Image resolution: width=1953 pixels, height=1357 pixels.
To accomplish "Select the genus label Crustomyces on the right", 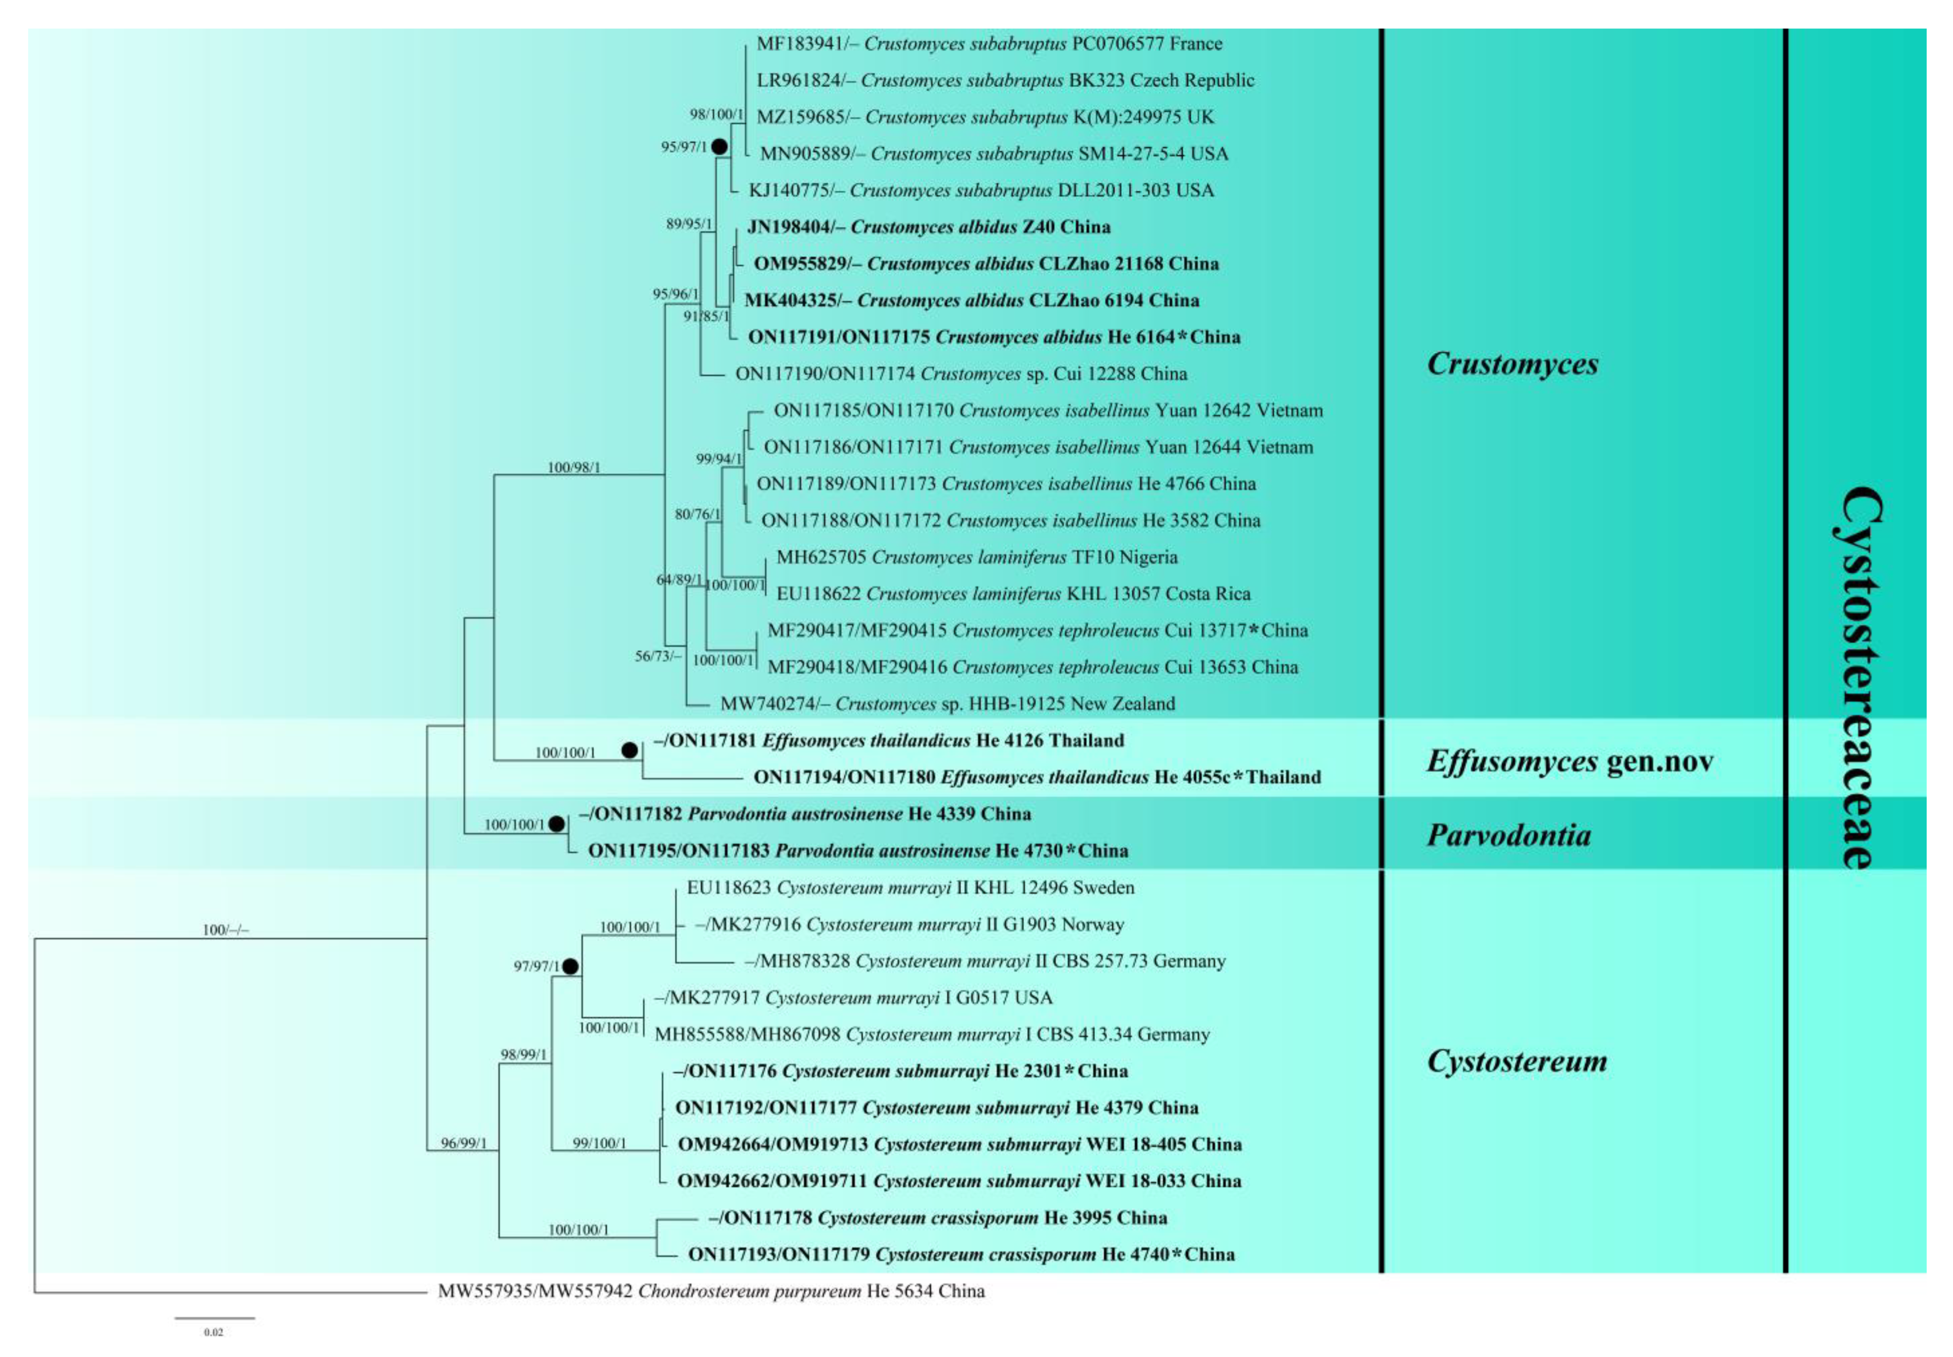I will [x=1512, y=364].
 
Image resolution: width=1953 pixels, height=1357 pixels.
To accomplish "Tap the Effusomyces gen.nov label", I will [x=1569, y=761].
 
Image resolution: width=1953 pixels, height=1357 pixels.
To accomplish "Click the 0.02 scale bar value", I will [x=213, y=1332].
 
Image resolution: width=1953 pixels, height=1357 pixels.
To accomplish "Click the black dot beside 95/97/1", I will [x=719, y=146].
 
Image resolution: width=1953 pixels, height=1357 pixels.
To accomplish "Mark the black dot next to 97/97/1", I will [x=570, y=966].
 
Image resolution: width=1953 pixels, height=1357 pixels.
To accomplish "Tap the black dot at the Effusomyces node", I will [x=629, y=750].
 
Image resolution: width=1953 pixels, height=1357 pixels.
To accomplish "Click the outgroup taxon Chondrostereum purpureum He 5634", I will [x=711, y=1291].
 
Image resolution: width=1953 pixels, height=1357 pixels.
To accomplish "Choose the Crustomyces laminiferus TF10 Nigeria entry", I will [x=976, y=557].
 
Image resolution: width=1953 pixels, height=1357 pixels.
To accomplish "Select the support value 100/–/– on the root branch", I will [x=225, y=930].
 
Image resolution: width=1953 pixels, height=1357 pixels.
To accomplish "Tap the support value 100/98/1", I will [x=574, y=468].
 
